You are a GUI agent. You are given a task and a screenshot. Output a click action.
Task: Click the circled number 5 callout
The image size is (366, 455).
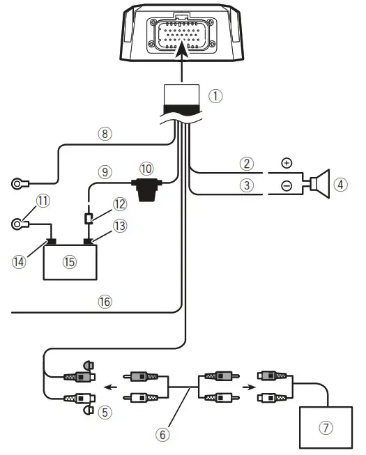click(x=105, y=411)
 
